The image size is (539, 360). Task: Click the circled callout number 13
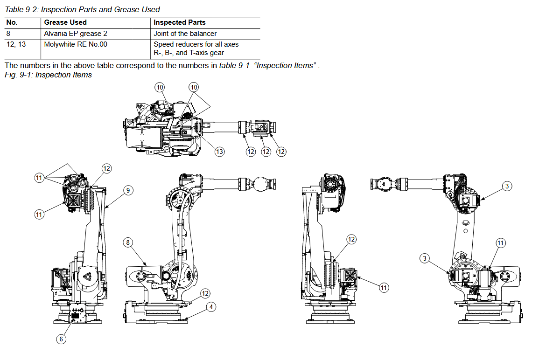click(x=219, y=152)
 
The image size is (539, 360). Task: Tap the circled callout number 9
click(x=128, y=190)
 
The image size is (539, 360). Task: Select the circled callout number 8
click(x=128, y=242)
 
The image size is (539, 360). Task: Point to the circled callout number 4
click(x=211, y=307)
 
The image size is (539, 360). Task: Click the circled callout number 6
click(x=61, y=339)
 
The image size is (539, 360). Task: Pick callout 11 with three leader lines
click(x=39, y=178)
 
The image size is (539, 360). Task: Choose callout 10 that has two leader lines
click(x=194, y=87)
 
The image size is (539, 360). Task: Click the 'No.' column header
click(x=12, y=22)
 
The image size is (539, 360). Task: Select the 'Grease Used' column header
click(x=65, y=22)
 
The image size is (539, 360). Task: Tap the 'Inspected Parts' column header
click(x=180, y=22)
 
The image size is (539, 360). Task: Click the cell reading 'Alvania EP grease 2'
click(x=76, y=33)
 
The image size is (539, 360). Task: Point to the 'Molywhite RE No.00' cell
click(x=76, y=44)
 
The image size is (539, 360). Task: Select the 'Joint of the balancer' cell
click(x=185, y=33)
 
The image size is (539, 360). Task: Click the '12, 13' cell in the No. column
click(x=16, y=44)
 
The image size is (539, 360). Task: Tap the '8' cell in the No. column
click(x=8, y=33)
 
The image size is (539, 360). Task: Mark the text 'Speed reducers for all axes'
click(x=196, y=44)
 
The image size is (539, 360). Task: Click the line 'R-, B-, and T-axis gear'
click(x=189, y=53)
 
